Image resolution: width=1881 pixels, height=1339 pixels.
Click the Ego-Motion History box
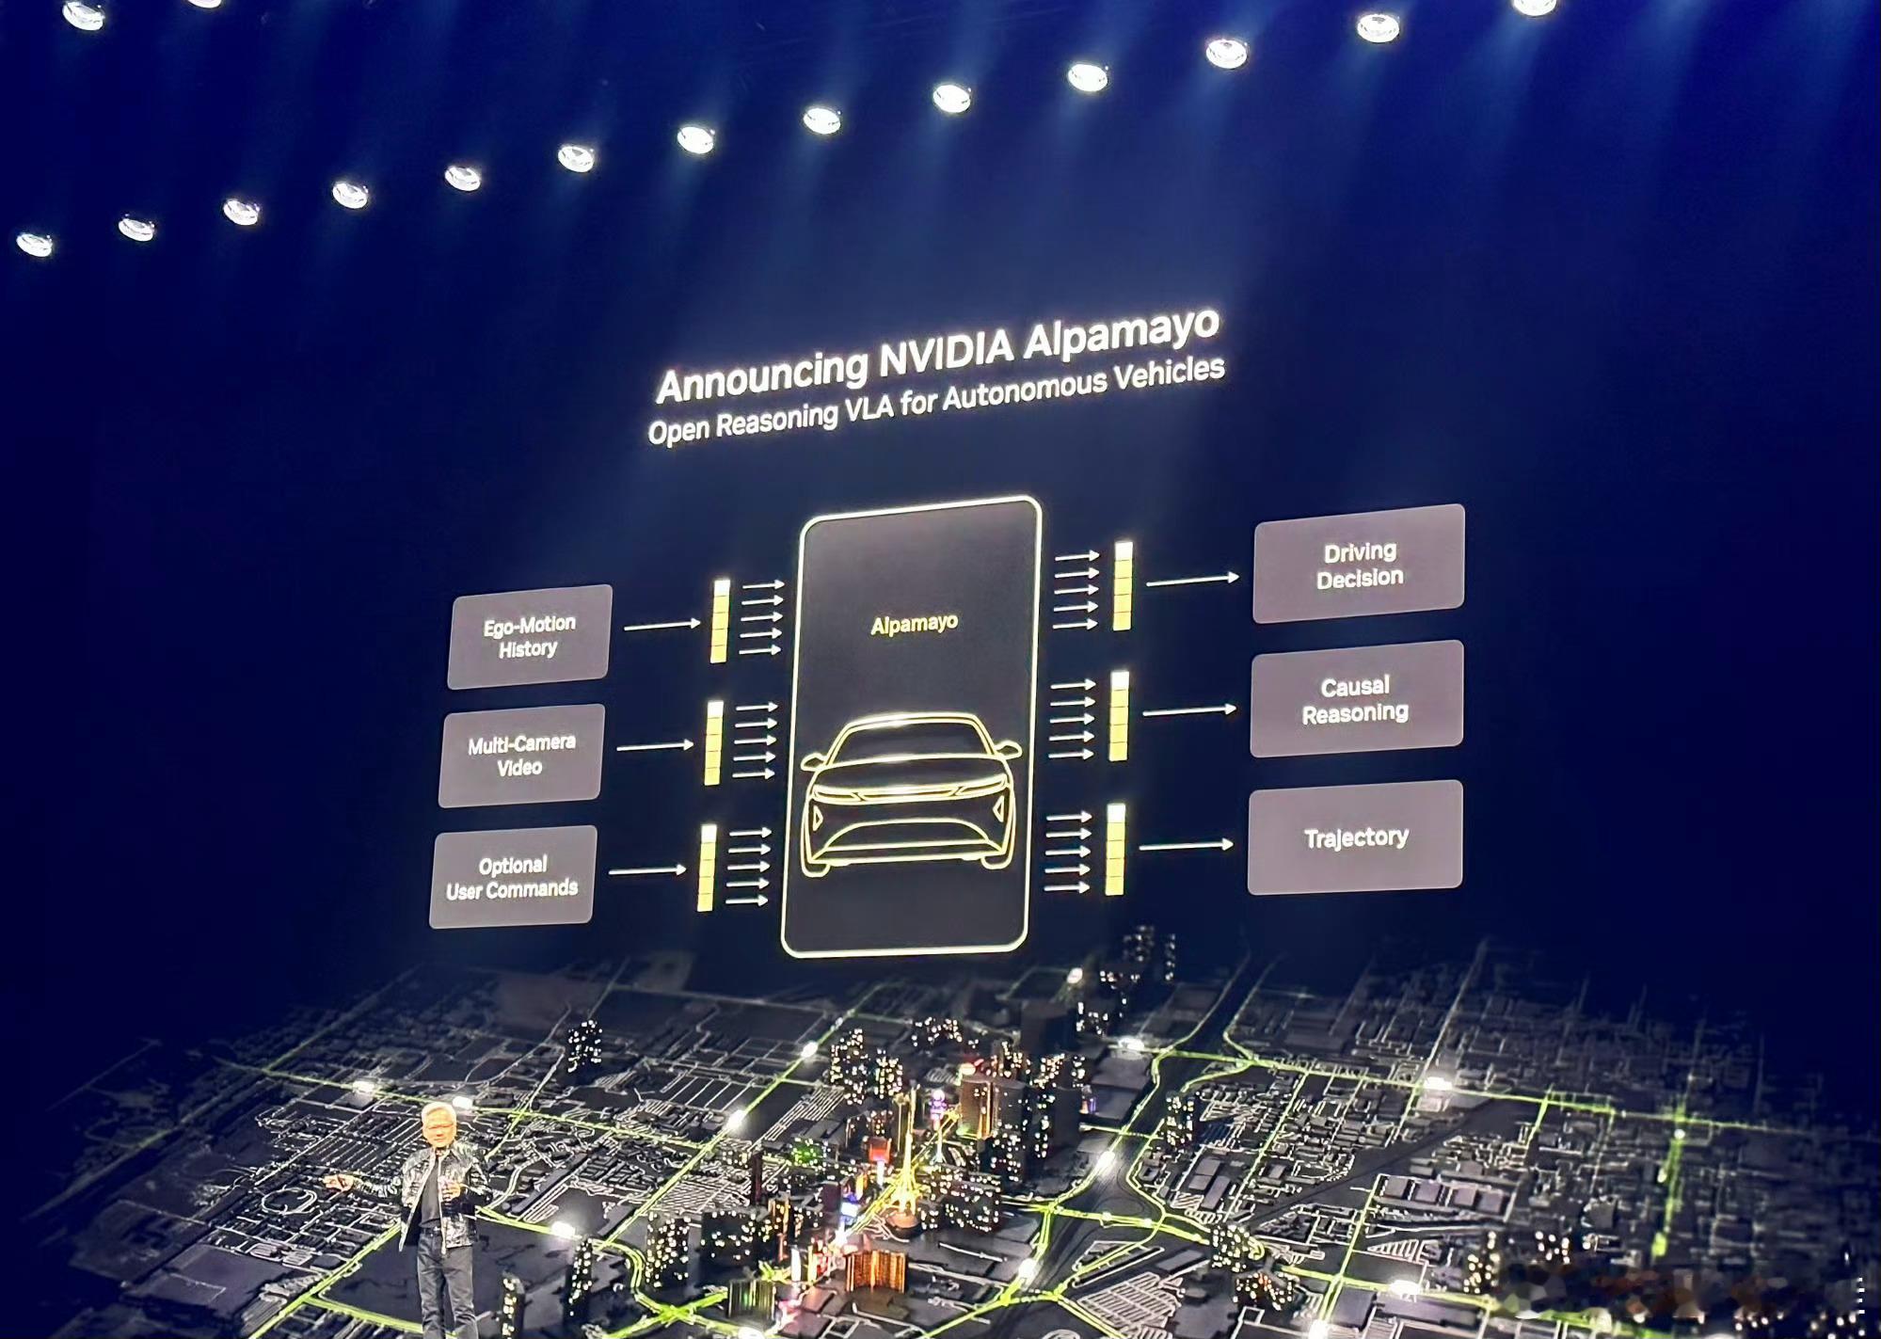click(x=530, y=636)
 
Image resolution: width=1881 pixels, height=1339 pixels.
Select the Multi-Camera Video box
click(x=521, y=755)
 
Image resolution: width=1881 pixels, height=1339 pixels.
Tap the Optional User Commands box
click(x=512, y=877)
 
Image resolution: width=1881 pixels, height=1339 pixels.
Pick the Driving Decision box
click(x=1359, y=564)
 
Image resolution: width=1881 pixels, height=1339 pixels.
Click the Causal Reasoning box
click(x=1356, y=699)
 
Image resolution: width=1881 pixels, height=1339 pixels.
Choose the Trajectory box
click(x=1355, y=837)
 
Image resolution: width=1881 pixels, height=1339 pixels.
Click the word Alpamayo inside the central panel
click(x=914, y=624)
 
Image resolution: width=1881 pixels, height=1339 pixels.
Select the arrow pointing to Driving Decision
click(x=1191, y=581)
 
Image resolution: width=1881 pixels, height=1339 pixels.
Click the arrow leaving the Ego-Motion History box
click(x=662, y=625)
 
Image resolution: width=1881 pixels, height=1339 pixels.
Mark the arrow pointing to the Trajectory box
click(x=1186, y=846)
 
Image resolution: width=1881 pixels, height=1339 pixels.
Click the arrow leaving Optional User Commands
click(x=647, y=870)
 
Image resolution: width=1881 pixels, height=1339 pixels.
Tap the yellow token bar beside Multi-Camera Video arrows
click(x=714, y=743)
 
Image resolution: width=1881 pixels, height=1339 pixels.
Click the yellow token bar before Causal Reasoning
click(x=1119, y=716)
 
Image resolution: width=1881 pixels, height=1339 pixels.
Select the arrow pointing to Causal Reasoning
click(x=1188, y=710)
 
